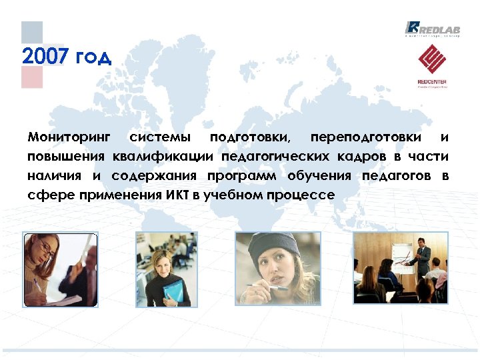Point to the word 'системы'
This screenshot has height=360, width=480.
click(159, 138)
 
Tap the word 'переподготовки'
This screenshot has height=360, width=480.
click(365, 138)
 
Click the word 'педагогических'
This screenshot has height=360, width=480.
click(275, 157)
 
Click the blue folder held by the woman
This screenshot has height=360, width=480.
click(173, 291)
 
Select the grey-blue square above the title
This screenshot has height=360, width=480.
click(32, 32)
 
